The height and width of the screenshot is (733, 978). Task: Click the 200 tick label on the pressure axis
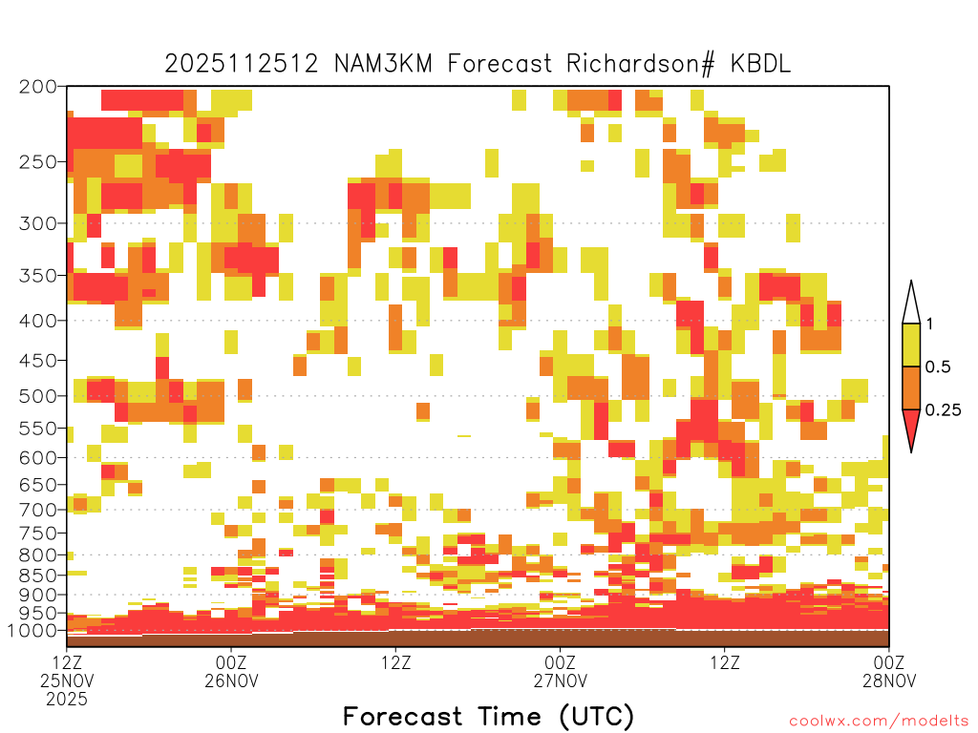tap(37, 87)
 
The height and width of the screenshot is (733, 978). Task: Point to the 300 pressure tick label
tap(37, 223)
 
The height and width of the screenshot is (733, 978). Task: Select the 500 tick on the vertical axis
tap(37, 396)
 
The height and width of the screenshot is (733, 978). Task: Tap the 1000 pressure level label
tap(32, 631)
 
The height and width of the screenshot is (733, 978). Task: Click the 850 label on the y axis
tap(37, 576)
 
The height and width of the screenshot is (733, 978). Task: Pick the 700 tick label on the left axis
tap(37, 510)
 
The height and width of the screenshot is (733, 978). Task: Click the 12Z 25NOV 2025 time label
tap(67, 681)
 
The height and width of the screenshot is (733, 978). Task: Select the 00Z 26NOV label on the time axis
tap(231, 671)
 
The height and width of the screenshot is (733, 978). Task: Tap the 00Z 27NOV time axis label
tap(560, 671)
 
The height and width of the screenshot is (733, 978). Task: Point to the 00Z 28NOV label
tap(889, 671)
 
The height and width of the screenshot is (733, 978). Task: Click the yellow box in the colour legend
tap(911, 345)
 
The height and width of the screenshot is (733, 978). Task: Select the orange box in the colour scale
tap(911, 387)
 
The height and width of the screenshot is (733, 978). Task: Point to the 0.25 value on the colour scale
tap(943, 409)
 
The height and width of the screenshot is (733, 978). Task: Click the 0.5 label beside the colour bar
tap(938, 366)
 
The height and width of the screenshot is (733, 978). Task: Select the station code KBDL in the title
tap(760, 64)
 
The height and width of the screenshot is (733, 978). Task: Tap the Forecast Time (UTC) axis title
tap(488, 717)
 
